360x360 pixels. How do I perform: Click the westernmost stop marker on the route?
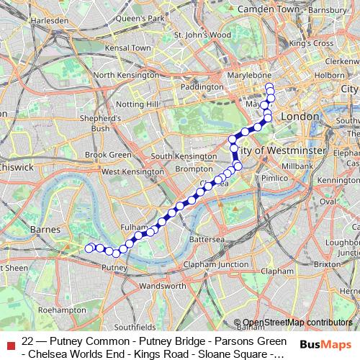click(89, 248)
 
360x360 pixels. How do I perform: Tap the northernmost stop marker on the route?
click(269, 88)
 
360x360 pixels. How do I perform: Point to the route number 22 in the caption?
click(28, 341)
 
